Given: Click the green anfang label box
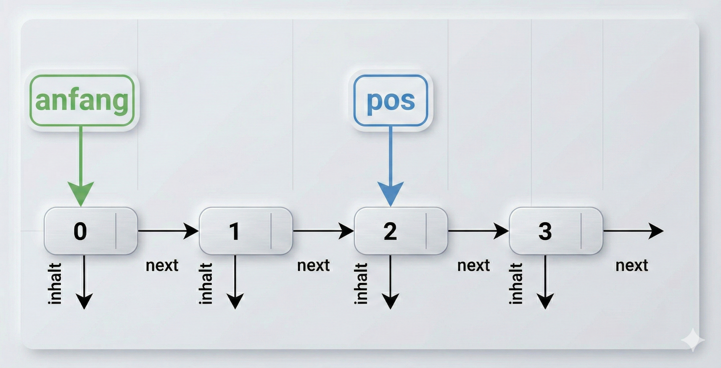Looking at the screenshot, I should click(82, 100).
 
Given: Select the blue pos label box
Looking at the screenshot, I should click(391, 100).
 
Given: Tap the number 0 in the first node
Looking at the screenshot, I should click(80, 231).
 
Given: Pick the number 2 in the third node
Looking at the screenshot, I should click(390, 231).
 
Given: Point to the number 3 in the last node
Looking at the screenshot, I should click(545, 231).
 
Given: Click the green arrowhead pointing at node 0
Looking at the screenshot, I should click(81, 193).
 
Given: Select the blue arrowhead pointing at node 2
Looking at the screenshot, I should click(391, 193).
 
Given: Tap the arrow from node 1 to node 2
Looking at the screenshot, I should click(323, 231).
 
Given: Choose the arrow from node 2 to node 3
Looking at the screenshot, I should click(478, 231).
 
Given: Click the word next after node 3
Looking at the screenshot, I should click(632, 265).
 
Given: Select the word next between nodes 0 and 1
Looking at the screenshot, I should click(162, 265).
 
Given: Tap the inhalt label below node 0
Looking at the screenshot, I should click(55, 283).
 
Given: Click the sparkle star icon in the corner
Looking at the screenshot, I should click(693, 340).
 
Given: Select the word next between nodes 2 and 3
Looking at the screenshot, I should click(473, 265).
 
